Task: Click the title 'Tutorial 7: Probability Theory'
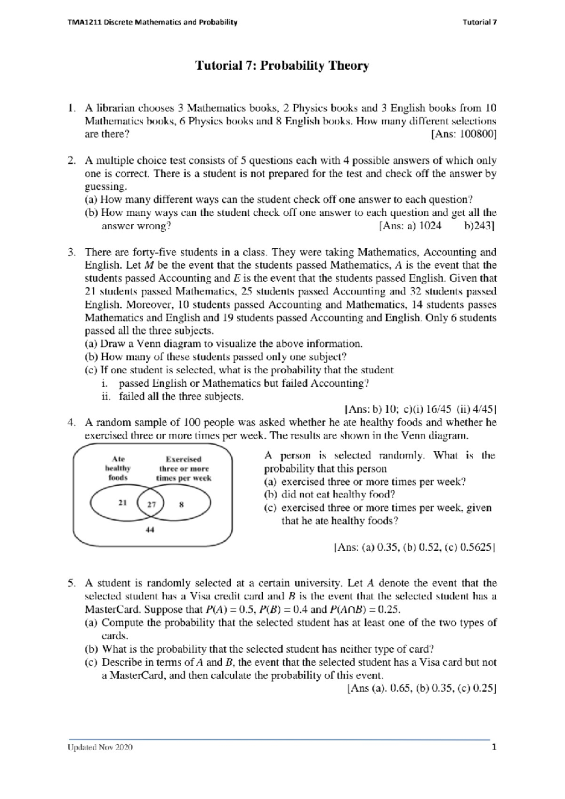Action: pos(282,66)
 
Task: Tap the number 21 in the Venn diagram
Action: pos(122,503)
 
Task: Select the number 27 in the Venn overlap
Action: pos(151,504)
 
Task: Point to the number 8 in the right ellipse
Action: pos(181,504)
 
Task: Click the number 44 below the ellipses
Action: pos(150,530)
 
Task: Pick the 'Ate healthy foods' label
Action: pos(118,468)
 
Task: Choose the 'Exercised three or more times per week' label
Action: pos(184,468)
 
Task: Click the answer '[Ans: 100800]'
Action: pos(463,134)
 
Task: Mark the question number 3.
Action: pos(72,252)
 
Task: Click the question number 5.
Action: pos(72,583)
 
